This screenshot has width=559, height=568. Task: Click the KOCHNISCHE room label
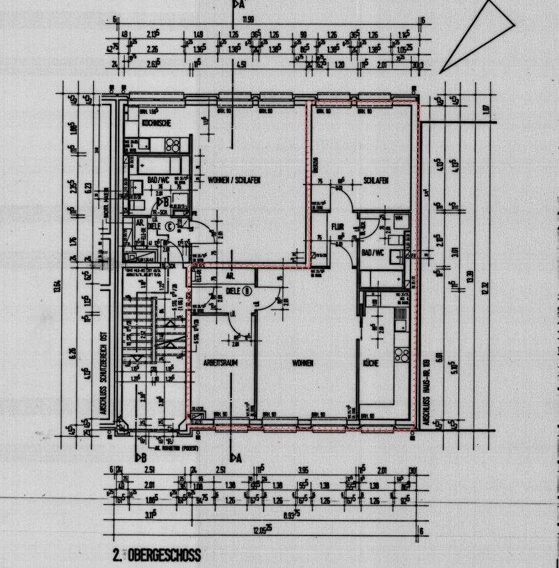pos(157,123)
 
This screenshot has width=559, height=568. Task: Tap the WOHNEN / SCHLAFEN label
pos(234,180)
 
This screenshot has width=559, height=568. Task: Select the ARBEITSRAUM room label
pos(221,362)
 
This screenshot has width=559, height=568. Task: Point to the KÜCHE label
pos(370,363)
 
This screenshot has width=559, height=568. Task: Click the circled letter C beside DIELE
pos(169,226)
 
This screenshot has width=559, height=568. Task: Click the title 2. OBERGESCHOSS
pos(157,555)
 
